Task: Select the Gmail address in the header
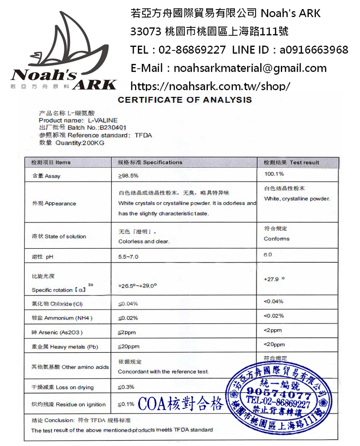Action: click(250, 68)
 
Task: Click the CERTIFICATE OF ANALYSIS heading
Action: click(185, 100)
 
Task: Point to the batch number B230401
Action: click(104, 128)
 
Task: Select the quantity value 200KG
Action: click(92, 143)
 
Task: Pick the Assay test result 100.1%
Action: click(274, 174)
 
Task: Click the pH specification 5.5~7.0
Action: click(128, 257)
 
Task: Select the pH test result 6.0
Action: click(268, 255)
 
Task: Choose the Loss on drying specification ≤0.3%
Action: click(126, 387)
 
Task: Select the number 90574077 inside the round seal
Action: click(279, 392)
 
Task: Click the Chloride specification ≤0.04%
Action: click(128, 303)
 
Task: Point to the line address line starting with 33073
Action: click(209, 32)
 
